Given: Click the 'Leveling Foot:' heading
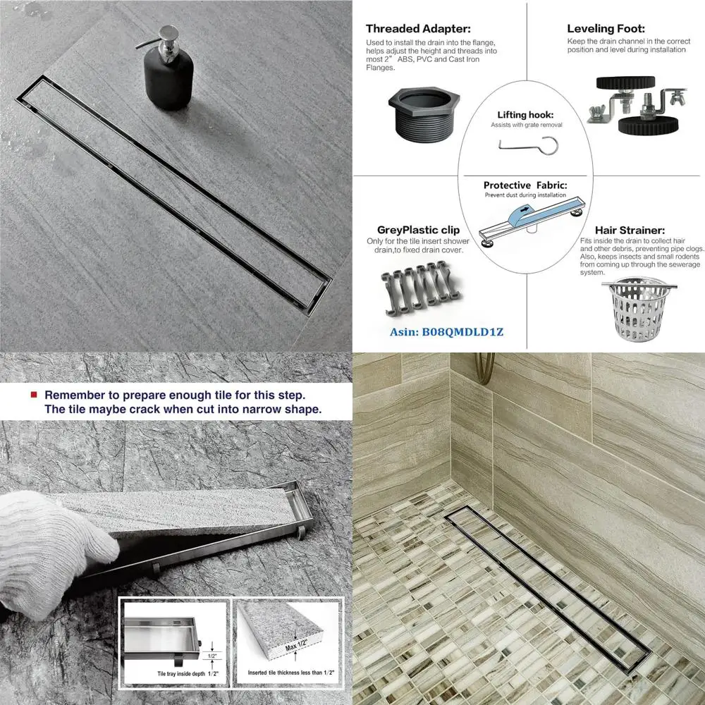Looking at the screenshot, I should (x=605, y=30).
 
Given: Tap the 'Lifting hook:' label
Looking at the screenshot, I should (x=525, y=114).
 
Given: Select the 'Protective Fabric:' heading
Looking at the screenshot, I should (x=525, y=185).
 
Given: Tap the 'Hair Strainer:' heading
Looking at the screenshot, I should (x=630, y=230).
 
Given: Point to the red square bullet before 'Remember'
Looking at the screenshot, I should (x=33, y=396).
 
